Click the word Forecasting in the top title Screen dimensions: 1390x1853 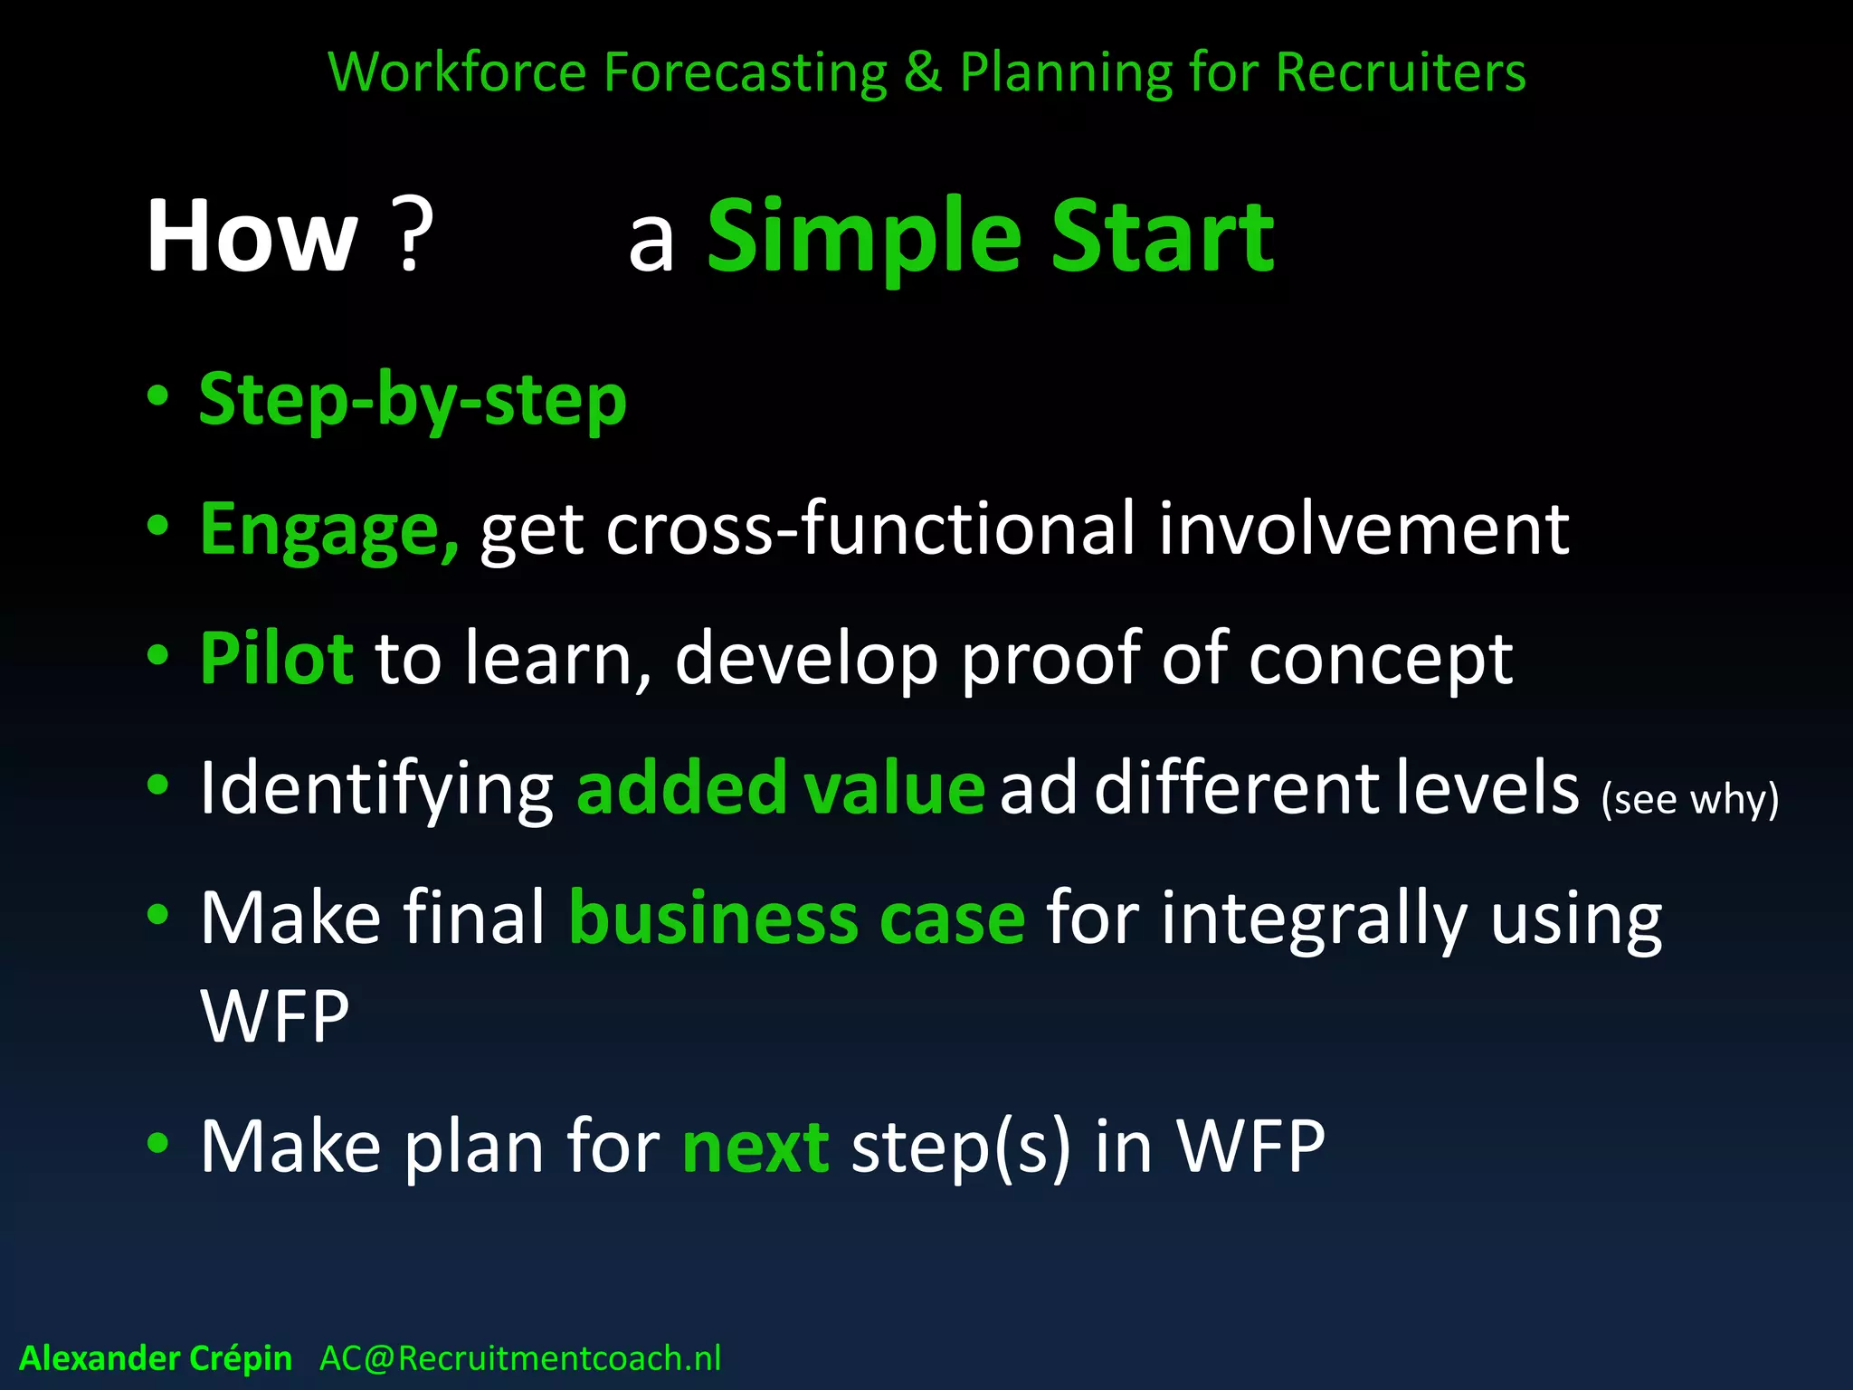(x=745, y=72)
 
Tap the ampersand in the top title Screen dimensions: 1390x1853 (x=922, y=72)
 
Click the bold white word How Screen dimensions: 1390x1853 (x=252, y=237)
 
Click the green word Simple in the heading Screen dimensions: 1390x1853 (x=864, y=237)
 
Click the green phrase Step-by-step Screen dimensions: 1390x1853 (x=413, y=400)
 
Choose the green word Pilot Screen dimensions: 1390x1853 (x=276, y=659)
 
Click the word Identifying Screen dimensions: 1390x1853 (x=376, y=789)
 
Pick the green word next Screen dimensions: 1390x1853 (x=755, y=1147)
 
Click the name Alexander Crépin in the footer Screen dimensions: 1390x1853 (x=156, y=1358)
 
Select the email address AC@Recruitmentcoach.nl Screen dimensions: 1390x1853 (x=520, y=1358)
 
